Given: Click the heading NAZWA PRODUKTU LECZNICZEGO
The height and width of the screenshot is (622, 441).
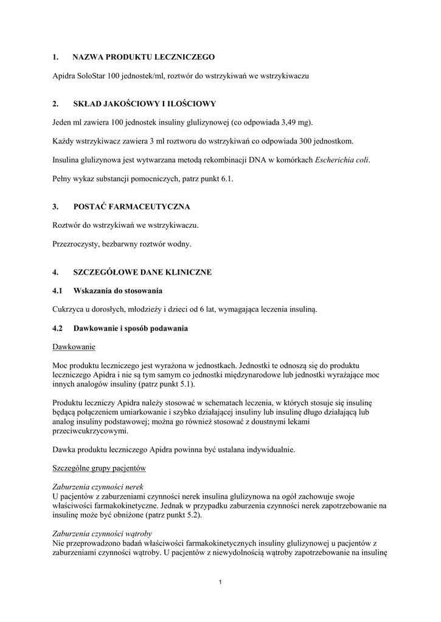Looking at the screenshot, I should click(x=144, y=57).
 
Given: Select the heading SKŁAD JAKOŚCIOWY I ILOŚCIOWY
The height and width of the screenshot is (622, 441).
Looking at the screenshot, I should click(x=145, y=104).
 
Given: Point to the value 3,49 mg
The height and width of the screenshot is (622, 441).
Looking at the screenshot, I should click(x=294, y=122).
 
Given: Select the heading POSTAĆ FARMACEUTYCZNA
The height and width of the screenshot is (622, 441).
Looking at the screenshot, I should click(x=131, y=207).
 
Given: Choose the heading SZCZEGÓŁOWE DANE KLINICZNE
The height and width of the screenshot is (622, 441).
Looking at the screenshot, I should click(x=142, y=272).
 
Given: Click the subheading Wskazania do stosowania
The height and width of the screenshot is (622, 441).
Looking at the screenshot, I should click(x=117, y=290).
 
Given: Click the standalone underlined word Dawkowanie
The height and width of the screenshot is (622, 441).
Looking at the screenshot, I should click(x=74, y=347).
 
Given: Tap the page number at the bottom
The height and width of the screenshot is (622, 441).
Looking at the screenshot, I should click(x=220, y=583).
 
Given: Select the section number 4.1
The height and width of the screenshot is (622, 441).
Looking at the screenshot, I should click(x=58, y=290).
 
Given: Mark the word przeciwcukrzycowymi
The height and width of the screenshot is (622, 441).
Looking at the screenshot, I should click(x=90, y=431).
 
